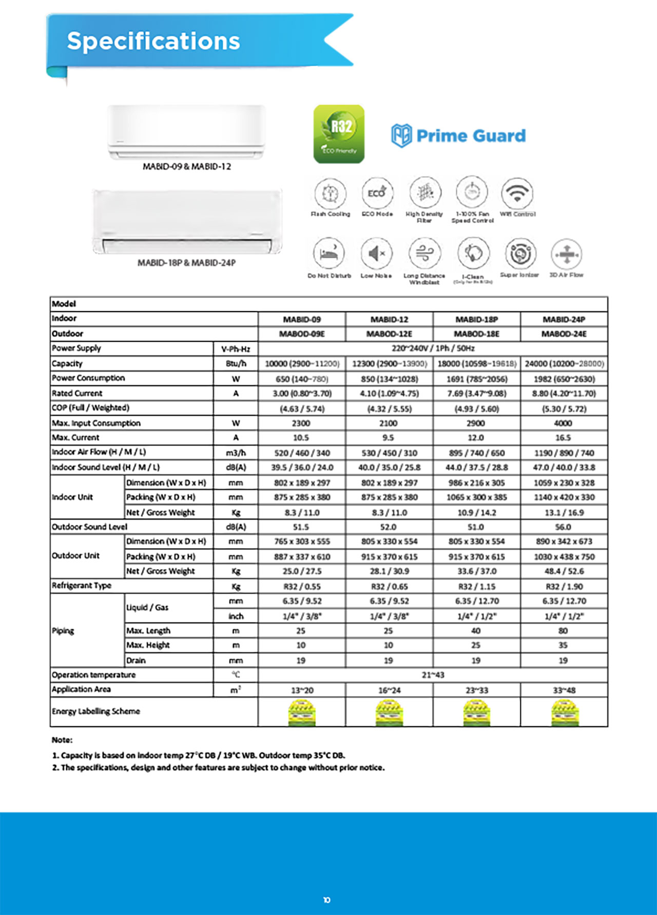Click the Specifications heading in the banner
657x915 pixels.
[153, 41]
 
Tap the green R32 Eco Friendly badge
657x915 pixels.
[339, 134]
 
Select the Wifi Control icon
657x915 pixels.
[517, 193]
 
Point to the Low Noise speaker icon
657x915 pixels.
[376, 253]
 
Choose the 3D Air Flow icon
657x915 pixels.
[566, 254]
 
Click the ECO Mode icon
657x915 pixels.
[377, 193]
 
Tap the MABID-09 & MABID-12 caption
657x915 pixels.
[187, 167]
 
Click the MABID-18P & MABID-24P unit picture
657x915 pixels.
[187, 222]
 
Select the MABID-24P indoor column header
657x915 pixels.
[564, 319]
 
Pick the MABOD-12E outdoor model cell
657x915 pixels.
[389, 334]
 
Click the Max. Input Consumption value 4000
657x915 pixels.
[563, 423]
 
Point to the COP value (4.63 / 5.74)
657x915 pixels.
[302, 409]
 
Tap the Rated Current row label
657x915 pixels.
[77, 393]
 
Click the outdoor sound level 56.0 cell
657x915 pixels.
[563, 527]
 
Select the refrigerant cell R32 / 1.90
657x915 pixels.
[564, 587]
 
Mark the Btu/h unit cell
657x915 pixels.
[236, 363]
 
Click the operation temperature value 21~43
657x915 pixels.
[432, 675]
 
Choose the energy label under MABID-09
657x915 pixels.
[302, 713]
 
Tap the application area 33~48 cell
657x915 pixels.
[564, 690]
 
